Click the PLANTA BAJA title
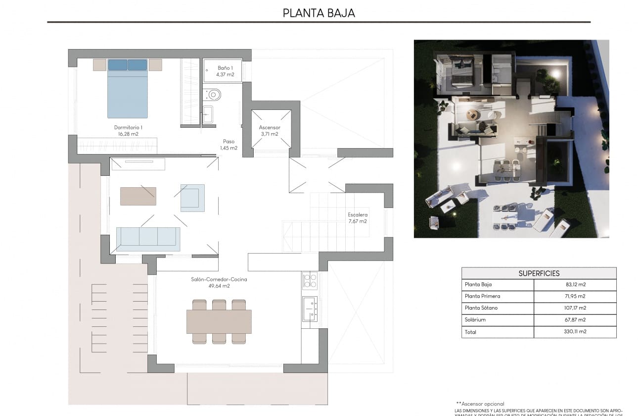[319, 13]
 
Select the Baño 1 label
[225, 71]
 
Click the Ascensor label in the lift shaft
[270, 130]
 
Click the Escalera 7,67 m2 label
[357, 218]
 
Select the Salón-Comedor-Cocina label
[219, 282]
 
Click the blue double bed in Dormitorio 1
[128, 92]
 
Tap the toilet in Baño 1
[214, 94]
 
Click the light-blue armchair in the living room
[192, 198]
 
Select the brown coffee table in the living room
[138, 196]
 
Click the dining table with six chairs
[219, 321]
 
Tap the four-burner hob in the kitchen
[310, 281]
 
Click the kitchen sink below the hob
[310, 308]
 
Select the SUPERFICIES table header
[539, 273]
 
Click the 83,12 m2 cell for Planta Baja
[575, 285]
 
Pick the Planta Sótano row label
[481, 308]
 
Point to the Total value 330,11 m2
[575, 332]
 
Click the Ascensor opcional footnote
[480, 404]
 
